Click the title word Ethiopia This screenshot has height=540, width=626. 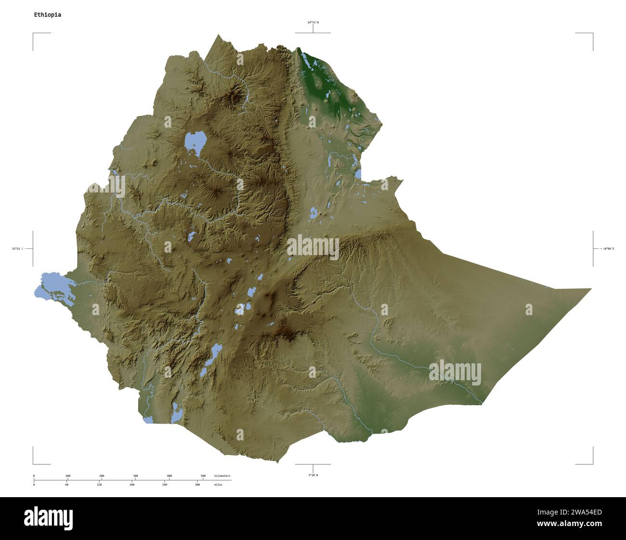pos(47,14)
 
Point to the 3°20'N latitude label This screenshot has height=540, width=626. pos(313,475)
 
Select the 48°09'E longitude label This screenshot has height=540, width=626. pos(608,248)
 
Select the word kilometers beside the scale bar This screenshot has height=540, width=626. pos(222,476)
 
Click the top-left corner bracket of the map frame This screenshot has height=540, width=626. pos(34,34)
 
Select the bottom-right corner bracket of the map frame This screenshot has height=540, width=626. pos(592,463)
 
